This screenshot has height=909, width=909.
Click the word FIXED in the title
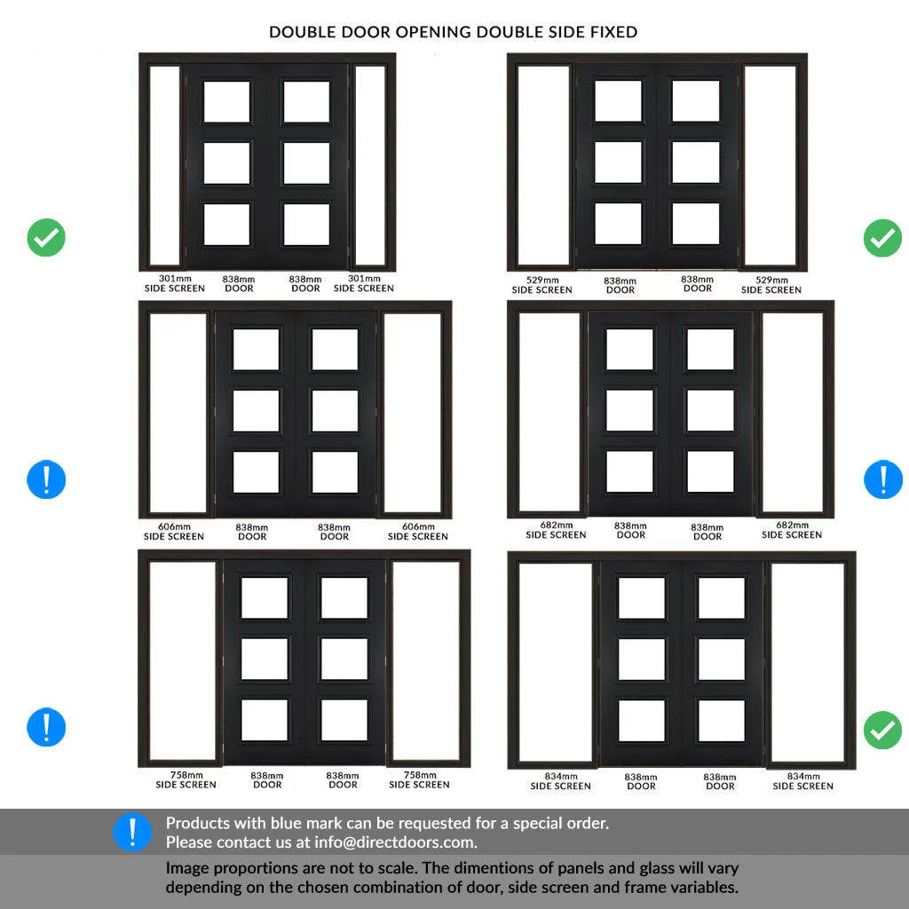coord(613,32)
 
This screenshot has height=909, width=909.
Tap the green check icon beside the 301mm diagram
coord(46,237)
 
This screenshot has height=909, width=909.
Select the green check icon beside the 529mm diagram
coord(882,238)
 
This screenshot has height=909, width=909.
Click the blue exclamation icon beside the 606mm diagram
coord(46,479)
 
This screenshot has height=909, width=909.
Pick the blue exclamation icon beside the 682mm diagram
coord(883,479)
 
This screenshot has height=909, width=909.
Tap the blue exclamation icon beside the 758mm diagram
coord(46,727)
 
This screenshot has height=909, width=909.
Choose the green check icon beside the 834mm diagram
coord(882,730)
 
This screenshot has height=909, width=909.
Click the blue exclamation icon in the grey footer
coord(132,832)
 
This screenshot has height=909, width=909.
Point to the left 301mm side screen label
coord(175,283)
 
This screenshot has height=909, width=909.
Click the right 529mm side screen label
coord(771,285)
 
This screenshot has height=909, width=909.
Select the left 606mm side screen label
coord(174,532)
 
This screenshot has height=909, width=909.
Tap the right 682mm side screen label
coord(792,530)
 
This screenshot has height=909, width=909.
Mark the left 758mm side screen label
coord(186,779)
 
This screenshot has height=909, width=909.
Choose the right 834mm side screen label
coord(802,781)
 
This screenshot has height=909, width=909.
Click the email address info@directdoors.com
coord(395,842)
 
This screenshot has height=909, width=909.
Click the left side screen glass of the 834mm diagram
coord(556,662)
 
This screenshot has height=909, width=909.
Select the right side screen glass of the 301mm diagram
coord(370,165)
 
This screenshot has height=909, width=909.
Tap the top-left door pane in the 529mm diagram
coord(619,101)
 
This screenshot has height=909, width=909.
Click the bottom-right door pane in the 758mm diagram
coord(344,720)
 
